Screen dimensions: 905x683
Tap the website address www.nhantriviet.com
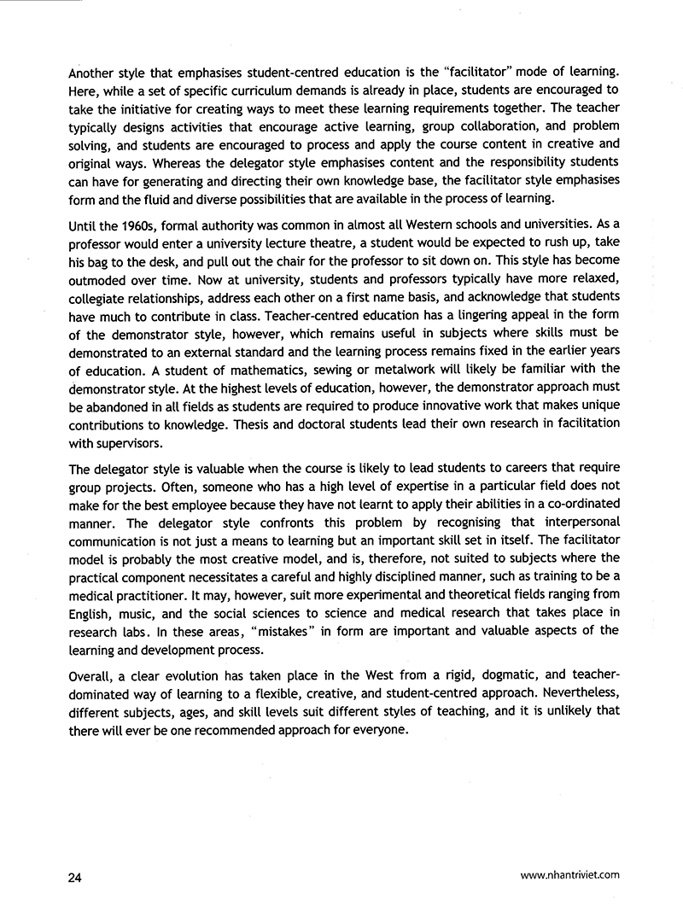coord(569,874)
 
